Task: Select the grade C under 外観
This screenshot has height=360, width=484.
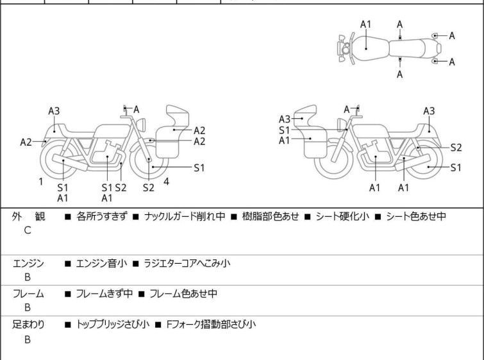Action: tap(28, 230)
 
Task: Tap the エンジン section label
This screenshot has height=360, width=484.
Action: tap(29, 263)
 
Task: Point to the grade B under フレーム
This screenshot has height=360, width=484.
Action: tap(28, 307)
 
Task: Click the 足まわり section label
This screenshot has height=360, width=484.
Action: tap(29, 325)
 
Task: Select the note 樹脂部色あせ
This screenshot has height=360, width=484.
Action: tap(270, 217)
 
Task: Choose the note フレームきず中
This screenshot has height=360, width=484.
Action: tap(104, 294)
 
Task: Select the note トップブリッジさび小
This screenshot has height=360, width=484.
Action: tap(112, 325)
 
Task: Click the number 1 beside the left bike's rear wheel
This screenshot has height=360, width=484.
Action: tap(40, 182)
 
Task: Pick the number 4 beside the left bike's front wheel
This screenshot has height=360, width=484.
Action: tap(167, 182)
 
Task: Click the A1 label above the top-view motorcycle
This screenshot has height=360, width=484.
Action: tap(365, 24)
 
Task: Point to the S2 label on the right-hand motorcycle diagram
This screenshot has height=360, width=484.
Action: tap(456, 147)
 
